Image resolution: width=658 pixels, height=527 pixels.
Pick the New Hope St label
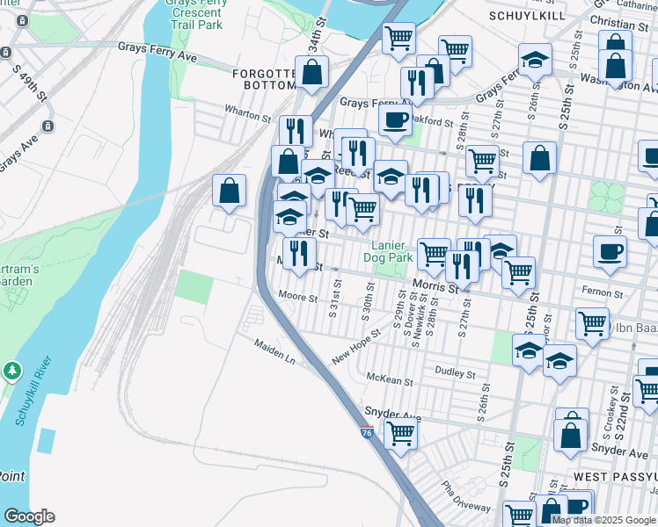click(x=356, y=346)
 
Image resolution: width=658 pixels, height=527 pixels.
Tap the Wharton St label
click(x=248, y=115)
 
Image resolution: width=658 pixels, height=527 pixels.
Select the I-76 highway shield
click(x=368, y=432)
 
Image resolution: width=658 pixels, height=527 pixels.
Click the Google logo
click(x=29, y=516)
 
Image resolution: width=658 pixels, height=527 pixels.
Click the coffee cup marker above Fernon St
click(x=610, y=252)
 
